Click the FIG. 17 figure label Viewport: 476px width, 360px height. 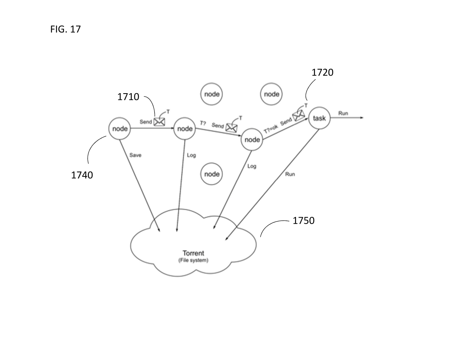coord(66,30)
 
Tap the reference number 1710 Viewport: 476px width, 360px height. coord(128,97)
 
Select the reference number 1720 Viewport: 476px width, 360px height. coord(322,72)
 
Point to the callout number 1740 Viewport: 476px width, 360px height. coord(82,175)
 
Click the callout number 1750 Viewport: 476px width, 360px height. coord(304,221)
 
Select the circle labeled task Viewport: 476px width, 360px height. coord(320,118)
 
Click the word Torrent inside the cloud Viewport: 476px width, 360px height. coord(193,253)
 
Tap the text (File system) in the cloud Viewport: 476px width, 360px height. coord(193,260)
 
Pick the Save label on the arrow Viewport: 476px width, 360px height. coord(135,155)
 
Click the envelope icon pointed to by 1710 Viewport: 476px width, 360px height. coord(160,122)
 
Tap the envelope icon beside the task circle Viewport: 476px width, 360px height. coord(298,115)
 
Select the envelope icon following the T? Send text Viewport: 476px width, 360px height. coord(232,128)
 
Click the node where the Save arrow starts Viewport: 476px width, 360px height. coord(120,128)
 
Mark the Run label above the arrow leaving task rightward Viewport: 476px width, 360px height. coord(343,113)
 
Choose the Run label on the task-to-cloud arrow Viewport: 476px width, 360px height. coord(290,174)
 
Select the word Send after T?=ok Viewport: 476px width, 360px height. coord(286,122)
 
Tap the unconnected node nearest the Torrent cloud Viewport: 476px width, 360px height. coord(212,174)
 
